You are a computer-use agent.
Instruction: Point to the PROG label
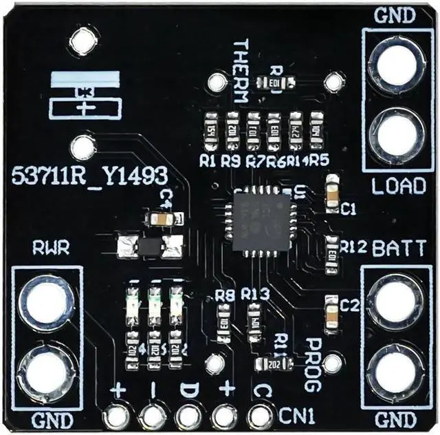[312, 355]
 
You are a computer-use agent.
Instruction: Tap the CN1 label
[298, 415]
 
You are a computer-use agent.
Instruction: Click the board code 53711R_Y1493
[89, 176]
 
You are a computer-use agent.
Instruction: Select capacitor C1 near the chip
[333, 191]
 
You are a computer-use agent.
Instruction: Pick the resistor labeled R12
[333, 248]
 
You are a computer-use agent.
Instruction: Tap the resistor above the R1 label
[211, 131]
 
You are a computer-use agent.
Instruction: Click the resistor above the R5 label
[317, 129]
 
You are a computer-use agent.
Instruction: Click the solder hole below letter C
[258, 416]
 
